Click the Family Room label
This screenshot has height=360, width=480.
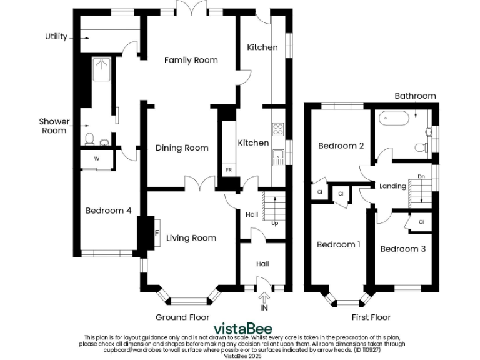pyautogui.click(x=191, y=60)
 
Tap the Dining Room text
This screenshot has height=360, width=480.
pyautogui.click(x=182, y=148)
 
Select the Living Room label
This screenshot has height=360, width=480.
pyautogui.click(x=191, y=237)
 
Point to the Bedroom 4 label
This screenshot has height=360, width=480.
pyautogui.click(x=108, y=211)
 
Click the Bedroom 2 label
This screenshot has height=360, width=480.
pyautogui.click(x=341, y=146)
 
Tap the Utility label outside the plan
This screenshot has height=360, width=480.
pyautogui.click(x=56, y=36)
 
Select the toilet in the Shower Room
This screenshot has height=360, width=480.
pyautogui.click(x=89, y=137)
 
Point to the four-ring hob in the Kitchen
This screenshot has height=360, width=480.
pyautogui.click(x=278, y=129)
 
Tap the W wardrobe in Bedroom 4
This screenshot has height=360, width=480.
pyautogui.click(x=97, y=159)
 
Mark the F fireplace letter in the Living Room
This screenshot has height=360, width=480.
pyautogui.click(x=157, y=234)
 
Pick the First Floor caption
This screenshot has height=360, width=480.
pyautogui.click(x=371, y=317)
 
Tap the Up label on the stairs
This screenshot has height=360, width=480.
pyautogui.click(x=274, y=223)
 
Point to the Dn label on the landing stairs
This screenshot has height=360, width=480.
pyautogui.click(x=421, y=176)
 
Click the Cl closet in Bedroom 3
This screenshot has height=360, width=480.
pyautogui.click(x=421, y=222)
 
